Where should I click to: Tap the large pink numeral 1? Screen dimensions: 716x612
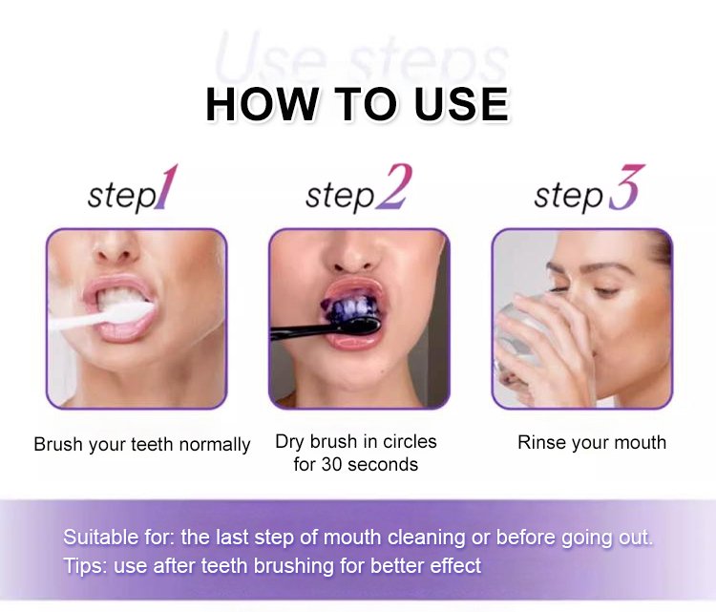(x=165, y=187)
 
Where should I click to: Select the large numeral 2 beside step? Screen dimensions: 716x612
(x=393, y=187)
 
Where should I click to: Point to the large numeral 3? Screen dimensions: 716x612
(x=626, y=187)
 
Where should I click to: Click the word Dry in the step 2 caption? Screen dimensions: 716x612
(x=290, y=442)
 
